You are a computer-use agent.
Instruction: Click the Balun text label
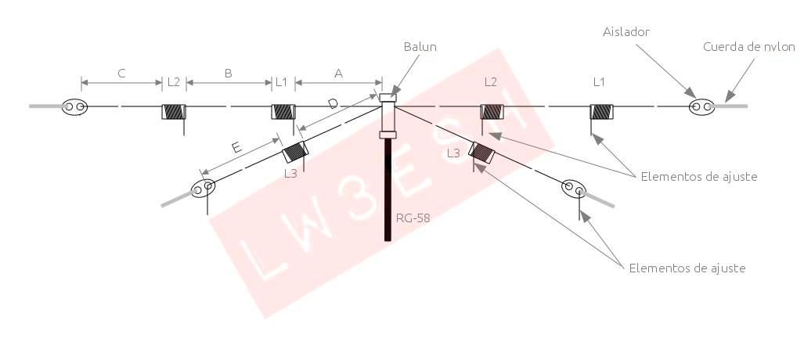[421, 47]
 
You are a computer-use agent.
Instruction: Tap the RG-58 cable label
[413, 218]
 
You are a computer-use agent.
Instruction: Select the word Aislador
[626, 31]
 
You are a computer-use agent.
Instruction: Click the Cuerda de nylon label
[748, 47]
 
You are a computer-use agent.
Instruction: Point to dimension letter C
[121, 74]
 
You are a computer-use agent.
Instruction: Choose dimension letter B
[228, 74]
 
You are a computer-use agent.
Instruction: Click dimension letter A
[338, 74]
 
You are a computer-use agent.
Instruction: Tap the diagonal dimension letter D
[333, 104]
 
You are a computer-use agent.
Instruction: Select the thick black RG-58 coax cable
[388, 188]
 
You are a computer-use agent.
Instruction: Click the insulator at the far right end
[701, 106]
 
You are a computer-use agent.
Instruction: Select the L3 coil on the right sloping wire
[481, 151]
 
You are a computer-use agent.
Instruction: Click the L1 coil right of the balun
[601, 111]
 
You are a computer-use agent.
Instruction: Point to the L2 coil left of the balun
[174, 112]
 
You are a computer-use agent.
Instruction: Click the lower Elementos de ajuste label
[687, 268]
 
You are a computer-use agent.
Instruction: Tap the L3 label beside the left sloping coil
[290, 174]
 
